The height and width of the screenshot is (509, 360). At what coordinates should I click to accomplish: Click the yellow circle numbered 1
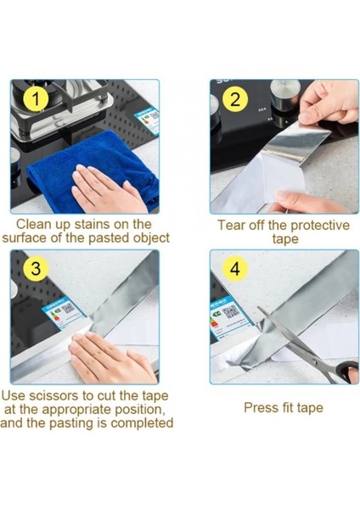point(36,99)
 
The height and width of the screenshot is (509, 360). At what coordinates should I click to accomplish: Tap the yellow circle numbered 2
point(235,99)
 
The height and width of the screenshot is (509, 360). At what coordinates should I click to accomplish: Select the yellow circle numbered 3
point(36,268)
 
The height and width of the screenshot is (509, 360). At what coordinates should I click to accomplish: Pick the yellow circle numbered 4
point(235,268)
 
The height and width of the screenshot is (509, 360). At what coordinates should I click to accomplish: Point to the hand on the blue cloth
point(107,188)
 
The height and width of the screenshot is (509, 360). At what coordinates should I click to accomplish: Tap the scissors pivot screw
point(314,360)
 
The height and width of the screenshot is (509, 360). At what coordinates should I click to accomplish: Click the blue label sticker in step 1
point(147,120)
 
